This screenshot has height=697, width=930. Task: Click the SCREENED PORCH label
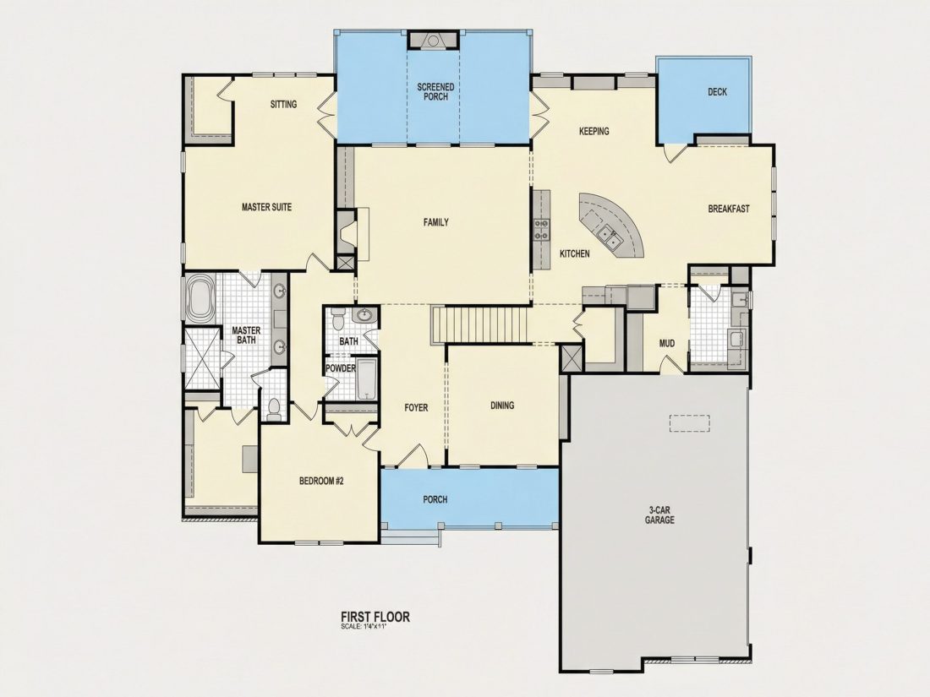435,92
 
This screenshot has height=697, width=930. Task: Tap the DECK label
717,92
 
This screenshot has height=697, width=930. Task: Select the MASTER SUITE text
266,208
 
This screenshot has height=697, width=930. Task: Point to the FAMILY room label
436,222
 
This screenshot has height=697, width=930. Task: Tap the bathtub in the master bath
199,299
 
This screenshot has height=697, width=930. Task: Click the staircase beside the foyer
480,324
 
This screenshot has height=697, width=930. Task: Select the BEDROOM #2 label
321,482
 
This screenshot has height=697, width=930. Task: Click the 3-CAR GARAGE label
660,515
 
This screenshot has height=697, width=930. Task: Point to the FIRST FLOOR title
375,617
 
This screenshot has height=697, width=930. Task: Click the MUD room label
667,343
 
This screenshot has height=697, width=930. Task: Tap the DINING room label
501,406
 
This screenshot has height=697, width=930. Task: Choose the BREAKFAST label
729,209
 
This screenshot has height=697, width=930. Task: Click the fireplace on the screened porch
433,40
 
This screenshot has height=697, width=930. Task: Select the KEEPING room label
594,131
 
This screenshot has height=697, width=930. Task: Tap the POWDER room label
341,368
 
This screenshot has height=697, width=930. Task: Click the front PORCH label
435,499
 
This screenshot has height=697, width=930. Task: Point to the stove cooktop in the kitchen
541,229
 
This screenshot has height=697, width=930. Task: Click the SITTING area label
283,104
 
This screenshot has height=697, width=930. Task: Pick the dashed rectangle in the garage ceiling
689,423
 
